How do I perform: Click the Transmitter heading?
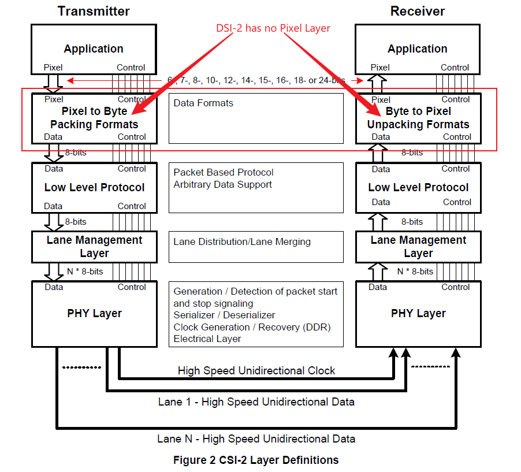[94, 11]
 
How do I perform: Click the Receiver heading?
[417, 11]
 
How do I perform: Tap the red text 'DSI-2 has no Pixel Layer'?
[273, 27]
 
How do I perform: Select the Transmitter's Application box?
[94, 49]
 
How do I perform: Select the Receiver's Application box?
[417, 49]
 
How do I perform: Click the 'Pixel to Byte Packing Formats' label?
[94, 118]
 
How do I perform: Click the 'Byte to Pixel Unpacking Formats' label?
[418, 118]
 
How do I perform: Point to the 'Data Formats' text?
[203, 103]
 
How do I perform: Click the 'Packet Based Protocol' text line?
[224, 172]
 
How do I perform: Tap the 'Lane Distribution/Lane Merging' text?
[242, 241]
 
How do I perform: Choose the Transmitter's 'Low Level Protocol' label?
[94, 187]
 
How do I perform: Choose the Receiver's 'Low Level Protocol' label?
[418, 187]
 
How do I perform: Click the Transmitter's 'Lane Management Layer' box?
[94, 247]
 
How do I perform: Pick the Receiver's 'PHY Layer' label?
[418, 313]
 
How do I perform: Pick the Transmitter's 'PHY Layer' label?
[94, 313]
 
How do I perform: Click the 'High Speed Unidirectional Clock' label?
[256, 370]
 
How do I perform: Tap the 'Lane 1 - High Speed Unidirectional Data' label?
[256, 401]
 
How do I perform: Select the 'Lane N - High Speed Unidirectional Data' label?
[256, 438]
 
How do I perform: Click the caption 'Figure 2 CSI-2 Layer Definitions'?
[256, 460]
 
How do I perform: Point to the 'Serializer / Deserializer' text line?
[224, 315]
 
